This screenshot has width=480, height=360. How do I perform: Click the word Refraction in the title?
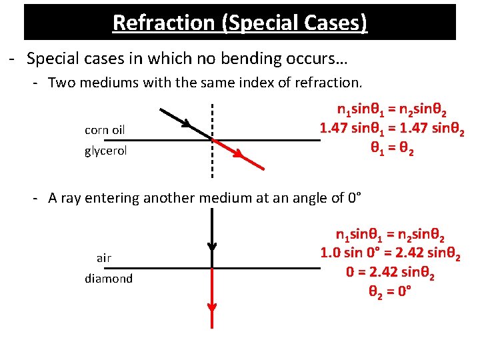[164, 23]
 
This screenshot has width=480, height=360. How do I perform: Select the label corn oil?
[105, 130]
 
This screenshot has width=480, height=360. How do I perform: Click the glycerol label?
[105, 151]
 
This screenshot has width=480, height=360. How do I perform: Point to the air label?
[104, 259]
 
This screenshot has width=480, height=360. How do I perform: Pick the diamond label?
[109, 279]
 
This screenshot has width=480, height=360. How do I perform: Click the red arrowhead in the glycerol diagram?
[239, 154]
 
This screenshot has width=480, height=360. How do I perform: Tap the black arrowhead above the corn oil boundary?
[186, 123]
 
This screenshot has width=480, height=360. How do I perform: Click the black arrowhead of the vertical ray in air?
[212, 247]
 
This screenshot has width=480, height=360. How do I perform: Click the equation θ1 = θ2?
[392, 148]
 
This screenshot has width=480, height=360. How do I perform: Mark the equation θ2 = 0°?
[390, 291]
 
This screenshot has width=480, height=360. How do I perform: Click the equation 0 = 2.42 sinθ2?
[390, 272]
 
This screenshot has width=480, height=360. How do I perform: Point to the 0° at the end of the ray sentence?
[355, 198]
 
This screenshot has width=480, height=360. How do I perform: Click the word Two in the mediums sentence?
[61, 83]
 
